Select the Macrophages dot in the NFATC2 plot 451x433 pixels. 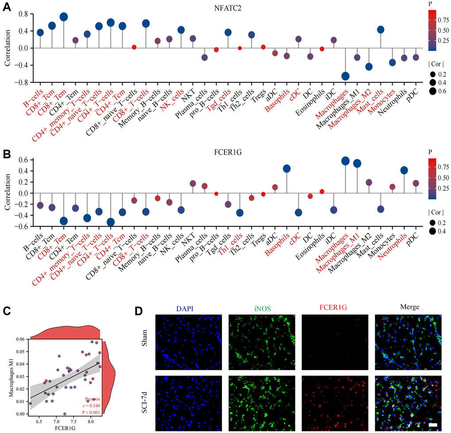345,76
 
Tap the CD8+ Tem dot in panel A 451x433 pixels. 63,17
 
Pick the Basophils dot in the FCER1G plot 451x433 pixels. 287,169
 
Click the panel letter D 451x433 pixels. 138,311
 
